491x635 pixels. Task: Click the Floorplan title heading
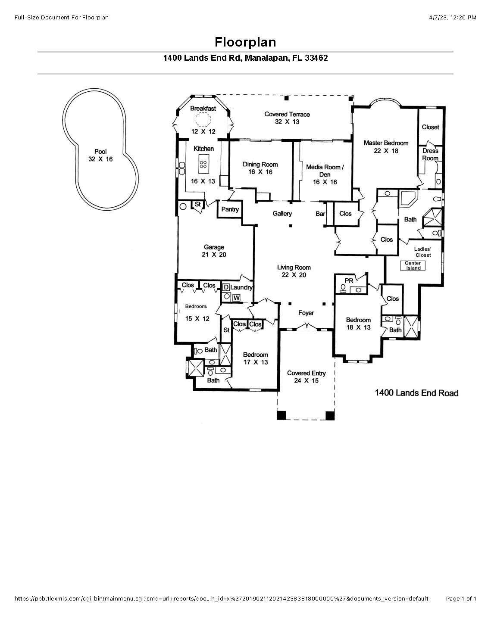tap(245, 42)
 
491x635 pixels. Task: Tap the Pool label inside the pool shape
tap(100, 152)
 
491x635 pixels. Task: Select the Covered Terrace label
tap(287, 114)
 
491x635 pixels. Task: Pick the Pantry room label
tap(230, 209)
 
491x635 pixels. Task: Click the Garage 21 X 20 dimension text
tap(214, 255)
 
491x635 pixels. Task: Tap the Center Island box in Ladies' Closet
tap(413, 265)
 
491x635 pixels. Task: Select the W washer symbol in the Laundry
tap(236, 297)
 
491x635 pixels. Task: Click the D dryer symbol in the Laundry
tap(225, 287)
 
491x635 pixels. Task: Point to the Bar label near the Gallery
tap(320, 214)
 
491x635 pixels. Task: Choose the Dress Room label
tap(430, 154)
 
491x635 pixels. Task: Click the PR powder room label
tap(349, 281)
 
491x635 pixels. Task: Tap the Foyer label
tap(306, 313)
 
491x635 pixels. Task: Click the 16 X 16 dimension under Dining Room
tap(260, 172)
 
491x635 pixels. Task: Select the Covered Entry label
tap(306, 373)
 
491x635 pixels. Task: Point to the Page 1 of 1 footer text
tap(461, 599)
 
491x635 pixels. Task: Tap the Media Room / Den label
tap(325, 171)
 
